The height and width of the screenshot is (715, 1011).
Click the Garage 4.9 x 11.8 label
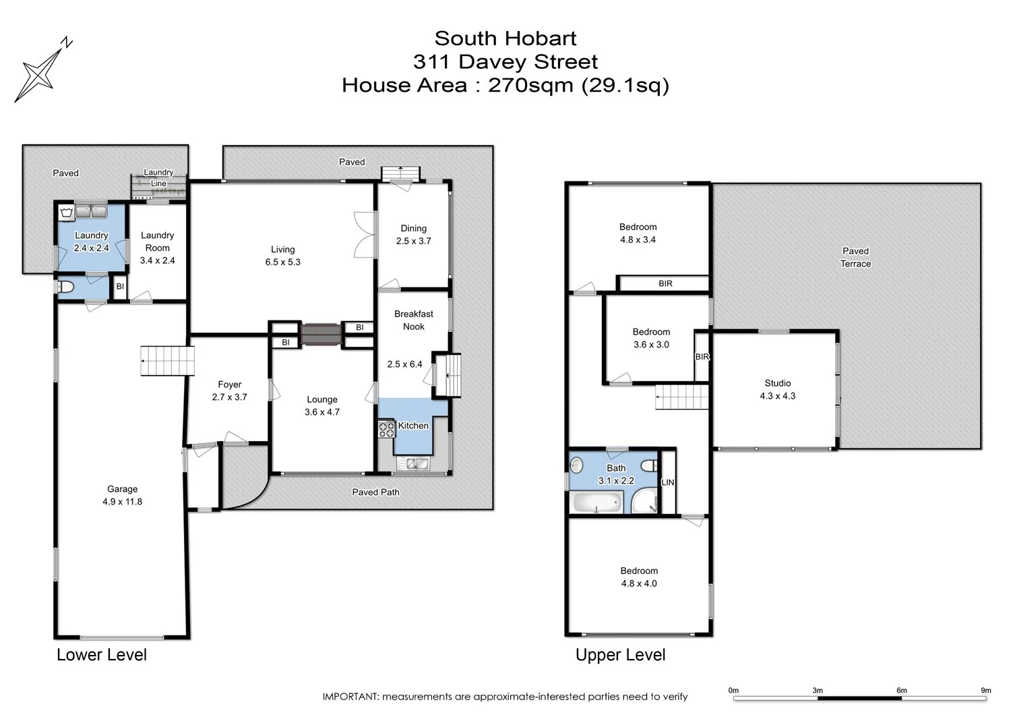point(122,495)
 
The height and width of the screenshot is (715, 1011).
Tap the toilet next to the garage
point(65,287)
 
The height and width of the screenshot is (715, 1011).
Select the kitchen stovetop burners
point(386,429)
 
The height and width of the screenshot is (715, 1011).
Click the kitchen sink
point(412,463)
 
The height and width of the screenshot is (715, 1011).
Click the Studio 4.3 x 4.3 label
point(777,389)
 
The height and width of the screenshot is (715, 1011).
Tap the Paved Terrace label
point(855,257)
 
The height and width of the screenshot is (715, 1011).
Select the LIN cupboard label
point(667,482)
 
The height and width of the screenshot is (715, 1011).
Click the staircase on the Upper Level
point(682,397)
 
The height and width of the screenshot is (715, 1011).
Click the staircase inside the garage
point(167,361)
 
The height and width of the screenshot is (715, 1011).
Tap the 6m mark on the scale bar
point(901,690)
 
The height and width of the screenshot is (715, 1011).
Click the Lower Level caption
point(101,654)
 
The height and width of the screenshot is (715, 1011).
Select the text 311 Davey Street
point(505,62)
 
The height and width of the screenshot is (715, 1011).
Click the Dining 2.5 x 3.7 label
point(413,234)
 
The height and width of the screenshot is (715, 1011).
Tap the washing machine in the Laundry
point(66,212)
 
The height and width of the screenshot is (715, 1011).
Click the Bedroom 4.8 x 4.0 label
point(638,577)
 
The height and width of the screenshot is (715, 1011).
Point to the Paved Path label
point(375,492)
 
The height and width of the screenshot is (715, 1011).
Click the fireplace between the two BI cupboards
point(321,335)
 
